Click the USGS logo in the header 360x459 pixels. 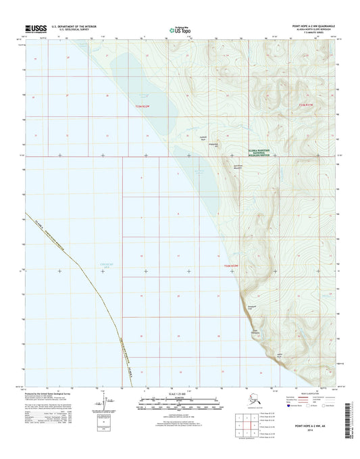[35, 29]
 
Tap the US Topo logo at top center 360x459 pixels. [180, 29]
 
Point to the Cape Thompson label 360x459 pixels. [255, 333]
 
